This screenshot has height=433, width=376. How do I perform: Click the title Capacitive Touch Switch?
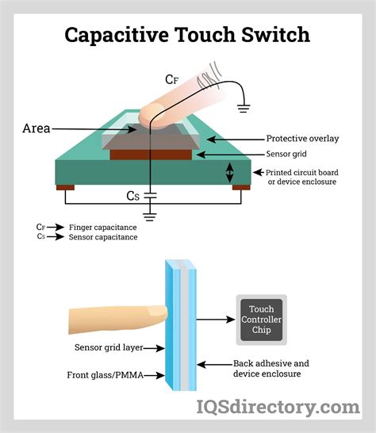click(x=187, y=35)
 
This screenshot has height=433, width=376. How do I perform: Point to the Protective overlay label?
click(x=302, y=139)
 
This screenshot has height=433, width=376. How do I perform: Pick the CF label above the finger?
click(x=172, y=79)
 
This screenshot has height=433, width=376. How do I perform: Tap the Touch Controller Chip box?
click(x=261, y=320)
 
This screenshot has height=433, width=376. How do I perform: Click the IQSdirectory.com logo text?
click(x=278, y=408)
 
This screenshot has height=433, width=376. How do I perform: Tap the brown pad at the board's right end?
click(x=241, y=188)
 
